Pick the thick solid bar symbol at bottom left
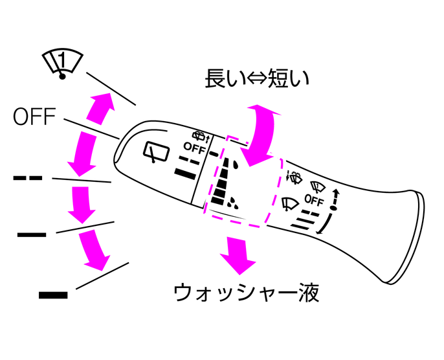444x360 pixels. tap(53, 295)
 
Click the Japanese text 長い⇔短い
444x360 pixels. tap(257, 78)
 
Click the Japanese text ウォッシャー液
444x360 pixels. tap(247, 293)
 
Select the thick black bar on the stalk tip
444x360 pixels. tap(186, 172)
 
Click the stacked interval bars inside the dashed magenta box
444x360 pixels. tap(223, 183)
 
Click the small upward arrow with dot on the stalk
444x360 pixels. tap(335, 200)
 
